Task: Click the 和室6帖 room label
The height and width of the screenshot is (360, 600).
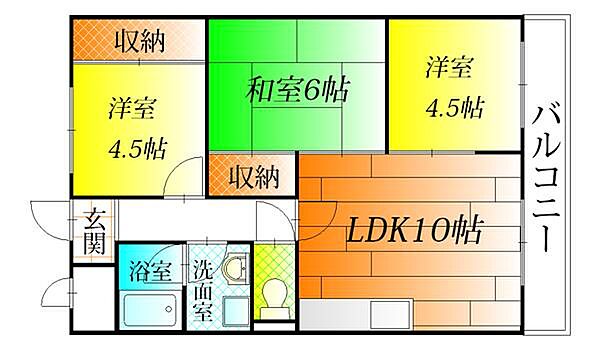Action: (x=297, y=92)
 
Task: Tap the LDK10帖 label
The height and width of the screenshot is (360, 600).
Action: (x=414, y=233)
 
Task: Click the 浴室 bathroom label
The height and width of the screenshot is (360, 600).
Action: (x=150, y=271)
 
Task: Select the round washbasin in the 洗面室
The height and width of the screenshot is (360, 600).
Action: (x=234, y=268)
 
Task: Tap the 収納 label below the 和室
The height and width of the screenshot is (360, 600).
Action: (x=252, y=178)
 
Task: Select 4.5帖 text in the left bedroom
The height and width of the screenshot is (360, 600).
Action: (x=137, y=149)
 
